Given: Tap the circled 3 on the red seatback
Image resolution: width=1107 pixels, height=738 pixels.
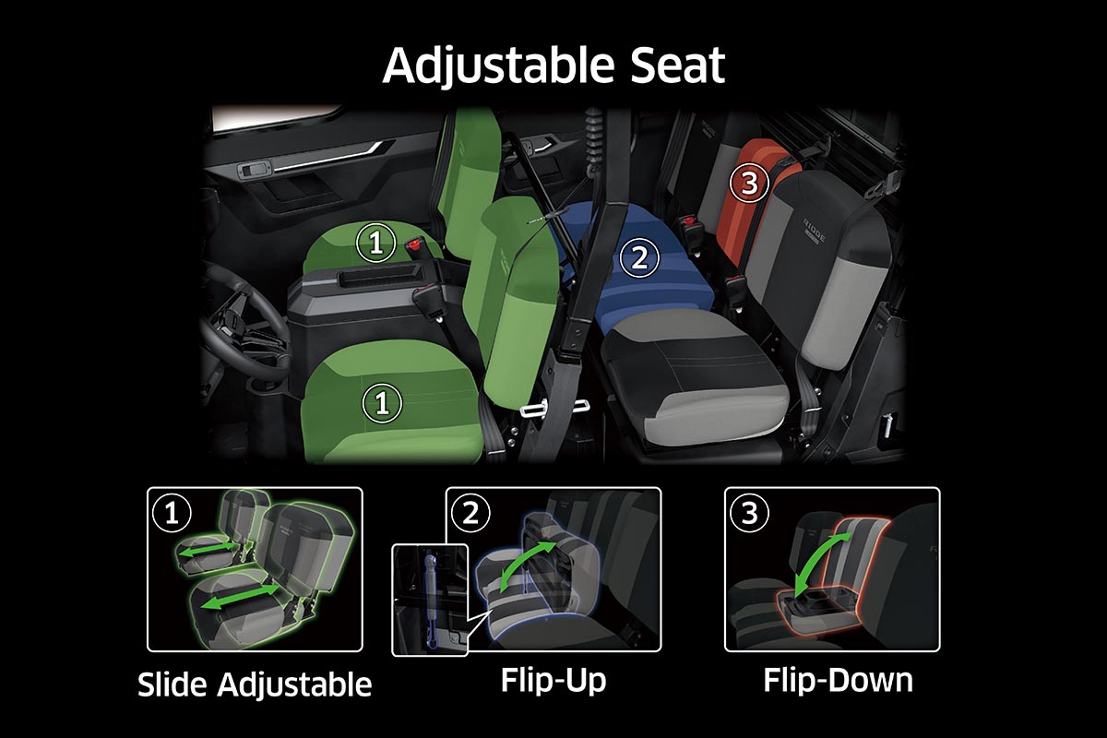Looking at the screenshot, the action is click(x=749, y=183).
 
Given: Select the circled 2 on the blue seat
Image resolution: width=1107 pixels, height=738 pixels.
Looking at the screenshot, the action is click(x=639, y=257).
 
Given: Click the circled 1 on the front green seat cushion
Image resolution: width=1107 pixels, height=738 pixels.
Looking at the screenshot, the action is click(x=382, y=403).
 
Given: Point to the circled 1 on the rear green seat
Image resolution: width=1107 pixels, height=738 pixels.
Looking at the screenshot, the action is click(x=376, y=243).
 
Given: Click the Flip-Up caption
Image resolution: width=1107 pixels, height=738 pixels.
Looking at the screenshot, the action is click(x=553, y=681).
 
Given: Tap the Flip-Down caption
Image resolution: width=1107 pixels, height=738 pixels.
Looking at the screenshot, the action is click(x=838, y=680).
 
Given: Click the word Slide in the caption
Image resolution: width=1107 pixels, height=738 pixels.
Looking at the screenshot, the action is click(x=172, y=684).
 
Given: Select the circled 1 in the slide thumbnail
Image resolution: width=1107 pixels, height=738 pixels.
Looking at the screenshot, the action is click(x=172, y=513).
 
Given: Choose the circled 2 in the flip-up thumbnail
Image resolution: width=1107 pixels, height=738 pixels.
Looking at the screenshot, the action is click(x=470, y=513).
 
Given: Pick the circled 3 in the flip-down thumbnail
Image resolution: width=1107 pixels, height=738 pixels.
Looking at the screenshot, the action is click(x=749, y=513).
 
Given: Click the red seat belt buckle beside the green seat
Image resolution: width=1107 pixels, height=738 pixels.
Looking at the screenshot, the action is click(x=415, y=244).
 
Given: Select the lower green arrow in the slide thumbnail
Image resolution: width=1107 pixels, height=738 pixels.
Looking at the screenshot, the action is click(x=241, y=596).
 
